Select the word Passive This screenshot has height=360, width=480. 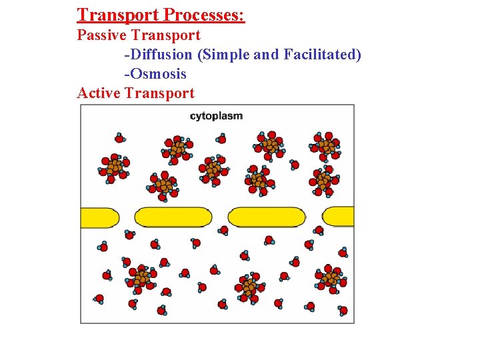pos(101,35)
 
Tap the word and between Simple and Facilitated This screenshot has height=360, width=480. pos(266,54)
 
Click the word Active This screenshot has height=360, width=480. pos(98,93)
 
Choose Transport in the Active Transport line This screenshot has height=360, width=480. pos(159,93)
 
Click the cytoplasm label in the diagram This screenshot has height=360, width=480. pos(216,116)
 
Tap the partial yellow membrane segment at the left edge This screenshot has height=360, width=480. pos(99,217)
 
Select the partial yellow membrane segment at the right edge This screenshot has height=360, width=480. pos(339,216)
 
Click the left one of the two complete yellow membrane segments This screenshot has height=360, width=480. pos(173,217)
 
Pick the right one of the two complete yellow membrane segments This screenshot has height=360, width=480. pos(267,217)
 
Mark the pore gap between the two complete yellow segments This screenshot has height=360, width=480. pos(220,217)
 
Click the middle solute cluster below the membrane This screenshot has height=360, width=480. pos(248,287)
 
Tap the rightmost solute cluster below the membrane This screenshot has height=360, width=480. pos(329,279)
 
